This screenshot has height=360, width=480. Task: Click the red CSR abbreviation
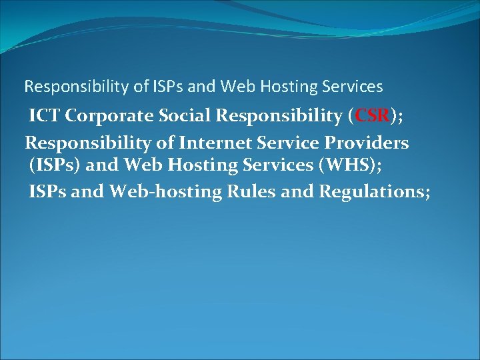[x=372, y=116]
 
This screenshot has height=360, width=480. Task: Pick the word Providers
[x=367, y=143]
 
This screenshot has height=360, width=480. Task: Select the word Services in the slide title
[x=352, y=87]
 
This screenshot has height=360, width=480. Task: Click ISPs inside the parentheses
[x=54, y=167]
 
